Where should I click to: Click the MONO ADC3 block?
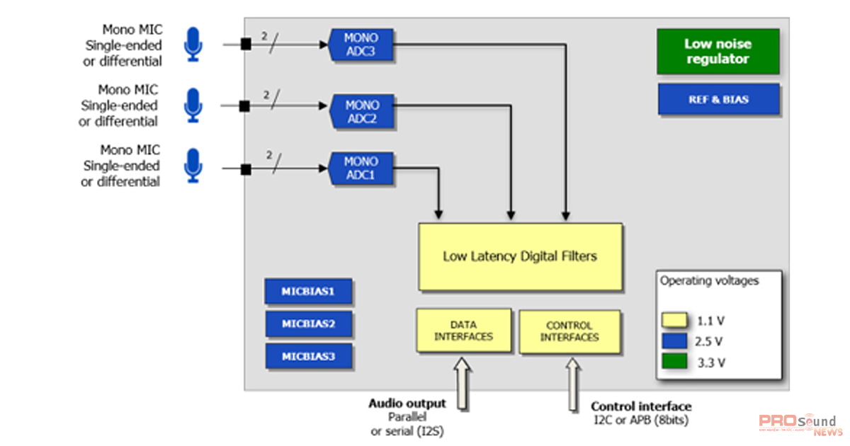[361, 45]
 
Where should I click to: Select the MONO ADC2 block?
[362, 112]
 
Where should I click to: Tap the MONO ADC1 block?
[361, 168]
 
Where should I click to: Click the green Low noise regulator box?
[718, 52]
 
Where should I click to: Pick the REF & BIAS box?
[718, 100]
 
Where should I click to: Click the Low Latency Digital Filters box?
[520, 256]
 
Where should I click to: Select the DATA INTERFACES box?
[463, 330]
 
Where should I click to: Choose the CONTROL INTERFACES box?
[569, 331]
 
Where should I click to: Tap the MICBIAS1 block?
[308, 292]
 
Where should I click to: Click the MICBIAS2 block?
[308, 324]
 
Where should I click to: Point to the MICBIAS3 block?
[308, 356]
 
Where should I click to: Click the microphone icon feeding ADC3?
[193, 44]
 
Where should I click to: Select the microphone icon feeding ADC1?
[193, 165]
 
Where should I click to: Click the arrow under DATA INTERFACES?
[463, 383]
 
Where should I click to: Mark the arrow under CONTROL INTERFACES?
[572, 383]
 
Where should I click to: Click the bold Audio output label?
[407, 404]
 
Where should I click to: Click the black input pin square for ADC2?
[244, 106]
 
